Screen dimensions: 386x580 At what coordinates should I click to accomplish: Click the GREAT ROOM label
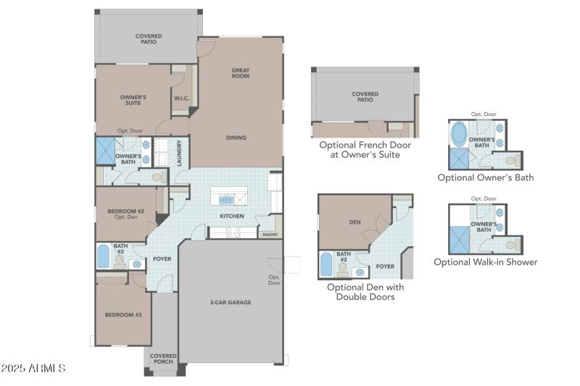(241, 74)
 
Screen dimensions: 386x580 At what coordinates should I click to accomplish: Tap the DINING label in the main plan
(236, 138)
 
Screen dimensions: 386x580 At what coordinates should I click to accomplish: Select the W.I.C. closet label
(181, 98)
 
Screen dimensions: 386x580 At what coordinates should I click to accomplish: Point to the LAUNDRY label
(179, 153)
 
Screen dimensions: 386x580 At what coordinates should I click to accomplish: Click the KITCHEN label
(232, 216)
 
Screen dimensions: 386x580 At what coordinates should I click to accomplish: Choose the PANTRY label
(270, 235)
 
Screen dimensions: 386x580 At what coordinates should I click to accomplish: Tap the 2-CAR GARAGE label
(231, 302)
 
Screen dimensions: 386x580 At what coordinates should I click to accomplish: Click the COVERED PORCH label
(163, 359)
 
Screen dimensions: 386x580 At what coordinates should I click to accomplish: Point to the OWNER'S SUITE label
(133, 99)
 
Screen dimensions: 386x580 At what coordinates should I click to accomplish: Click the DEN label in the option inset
(355, 222)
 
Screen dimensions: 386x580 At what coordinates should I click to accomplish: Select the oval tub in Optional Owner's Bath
(460, 135)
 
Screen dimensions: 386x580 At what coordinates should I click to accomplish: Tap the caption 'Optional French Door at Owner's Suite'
(365, 149)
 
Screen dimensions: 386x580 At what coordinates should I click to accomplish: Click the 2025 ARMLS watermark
(33, 369)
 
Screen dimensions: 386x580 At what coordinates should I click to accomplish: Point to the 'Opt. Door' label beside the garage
(274, 280)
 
